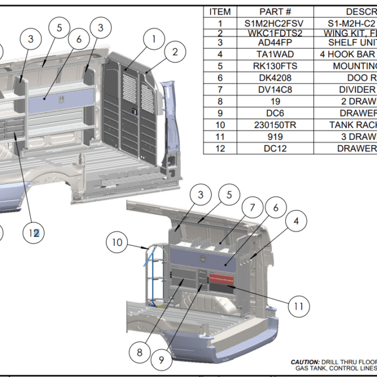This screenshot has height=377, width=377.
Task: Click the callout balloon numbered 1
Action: [154, 39]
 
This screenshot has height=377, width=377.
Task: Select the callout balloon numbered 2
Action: [175, 52]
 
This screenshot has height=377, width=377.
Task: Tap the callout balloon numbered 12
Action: [34, 233]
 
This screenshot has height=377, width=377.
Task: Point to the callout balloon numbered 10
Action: [118, 242]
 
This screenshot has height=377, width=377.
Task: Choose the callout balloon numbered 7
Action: [252, 207]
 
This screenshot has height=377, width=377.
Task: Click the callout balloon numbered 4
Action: [296, 221]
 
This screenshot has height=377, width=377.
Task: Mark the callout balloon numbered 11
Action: [298, 306]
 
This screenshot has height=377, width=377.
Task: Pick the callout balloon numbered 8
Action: [139, 351]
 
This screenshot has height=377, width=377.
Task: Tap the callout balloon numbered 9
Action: [162, 359]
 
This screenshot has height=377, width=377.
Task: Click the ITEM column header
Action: [220, 12]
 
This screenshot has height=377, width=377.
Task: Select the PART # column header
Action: [275, 12]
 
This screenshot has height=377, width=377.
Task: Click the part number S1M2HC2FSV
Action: [275, 24]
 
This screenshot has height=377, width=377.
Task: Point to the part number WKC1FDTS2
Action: [275, 33]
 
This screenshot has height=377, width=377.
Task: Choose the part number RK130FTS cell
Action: [275, 66]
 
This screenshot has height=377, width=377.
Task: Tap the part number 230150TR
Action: [275, 125]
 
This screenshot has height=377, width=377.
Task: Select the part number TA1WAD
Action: [275, 54]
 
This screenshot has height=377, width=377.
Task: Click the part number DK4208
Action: [275, 78]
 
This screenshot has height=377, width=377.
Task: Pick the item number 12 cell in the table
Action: [220, 148]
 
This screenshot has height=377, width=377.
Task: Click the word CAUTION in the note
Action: [304, 361]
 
